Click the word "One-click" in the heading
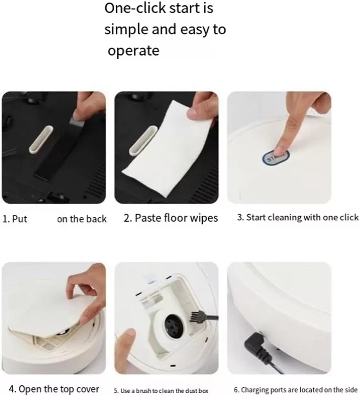134,8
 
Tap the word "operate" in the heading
134,51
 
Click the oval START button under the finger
275,158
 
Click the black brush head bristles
195,316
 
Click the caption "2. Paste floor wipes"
171,218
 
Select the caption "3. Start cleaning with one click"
298,218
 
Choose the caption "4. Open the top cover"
54,389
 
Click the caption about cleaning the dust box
161,391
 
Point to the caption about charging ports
295,390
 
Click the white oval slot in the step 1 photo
41,140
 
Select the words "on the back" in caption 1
82,219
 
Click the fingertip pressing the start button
280,151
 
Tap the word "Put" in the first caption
20,219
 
